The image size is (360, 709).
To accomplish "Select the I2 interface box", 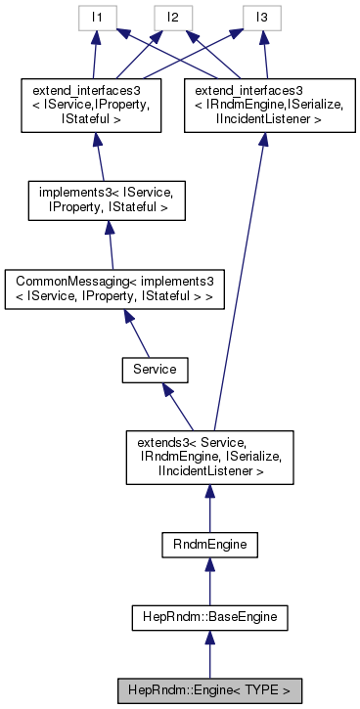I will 172,17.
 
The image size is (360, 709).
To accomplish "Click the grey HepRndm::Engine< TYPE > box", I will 210,688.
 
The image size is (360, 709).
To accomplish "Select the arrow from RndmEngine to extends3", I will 210,510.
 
